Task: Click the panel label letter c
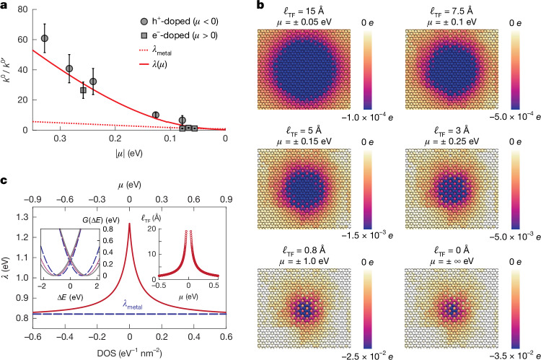[x=4, y=181]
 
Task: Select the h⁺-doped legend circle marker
[x=144, y=22]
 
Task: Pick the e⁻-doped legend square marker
[x=144, y=35]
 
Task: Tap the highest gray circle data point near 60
[x=45, y=38]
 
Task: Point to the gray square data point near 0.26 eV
[x=83, y=90]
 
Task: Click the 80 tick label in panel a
[x=22, y=9]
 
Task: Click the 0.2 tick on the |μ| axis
[x=115, y=139]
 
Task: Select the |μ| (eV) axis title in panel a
[x=129, y=153]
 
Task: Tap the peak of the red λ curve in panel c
[x=129, y=224]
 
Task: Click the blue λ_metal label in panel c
[x=133, y=304]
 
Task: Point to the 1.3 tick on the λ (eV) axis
[x=23, y=217]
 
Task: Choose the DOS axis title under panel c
[x=129, y=353]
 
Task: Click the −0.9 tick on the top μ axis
[x=32, y=199]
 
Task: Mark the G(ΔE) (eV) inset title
[x=101, y=220]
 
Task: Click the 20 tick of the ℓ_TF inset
[x=152, y=229]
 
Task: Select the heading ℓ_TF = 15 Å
[x=304, y=11]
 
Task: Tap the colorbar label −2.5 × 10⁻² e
[x=367, y=356]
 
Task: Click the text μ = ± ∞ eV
[x=452, y=261]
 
